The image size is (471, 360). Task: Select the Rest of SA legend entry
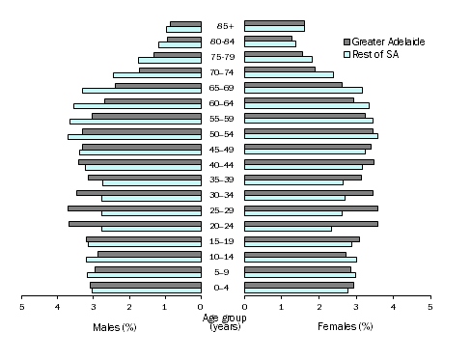pyautogui.click(x=377, y=54)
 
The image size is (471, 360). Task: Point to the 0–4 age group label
pyautogui.click(x=222, y=288)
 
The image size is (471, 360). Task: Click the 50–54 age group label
pyautogui.click(x=222, y=134)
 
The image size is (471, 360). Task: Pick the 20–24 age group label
pyautogui.click(x=222, y=226)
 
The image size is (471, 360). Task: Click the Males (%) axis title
pyautogui.click(x=115, y=327)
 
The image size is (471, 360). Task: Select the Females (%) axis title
pyautogui.click(x=345, y=327)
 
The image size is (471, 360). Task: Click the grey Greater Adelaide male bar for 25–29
pyautogui.click(x=134, y=208)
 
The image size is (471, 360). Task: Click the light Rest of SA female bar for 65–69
pyautogui.click(x=303, y=91)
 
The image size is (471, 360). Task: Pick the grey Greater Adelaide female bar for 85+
pyautogui.click(x=274, y=22)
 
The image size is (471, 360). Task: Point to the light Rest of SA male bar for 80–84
pyautogui.click(x=180, y=44)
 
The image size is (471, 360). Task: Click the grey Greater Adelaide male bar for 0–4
pyautogui.click(x=146, y=285)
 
